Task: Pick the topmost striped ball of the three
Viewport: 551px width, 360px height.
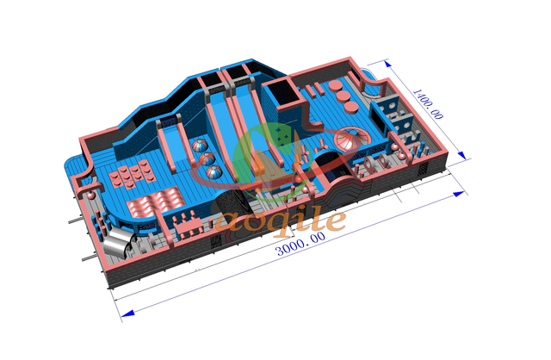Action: (x=199, y=146)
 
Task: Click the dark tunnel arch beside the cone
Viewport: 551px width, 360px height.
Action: (x=326, y=158)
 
